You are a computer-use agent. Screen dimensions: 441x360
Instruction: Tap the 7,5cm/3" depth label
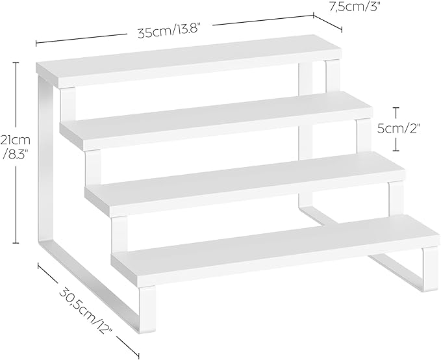(355, 6)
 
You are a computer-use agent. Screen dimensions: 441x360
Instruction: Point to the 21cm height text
(16, 140)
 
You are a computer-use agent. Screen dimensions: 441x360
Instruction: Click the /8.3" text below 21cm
(16, 154)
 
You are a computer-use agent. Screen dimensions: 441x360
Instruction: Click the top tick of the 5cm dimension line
(396, 108)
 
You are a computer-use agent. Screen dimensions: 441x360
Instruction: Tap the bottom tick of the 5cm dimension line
(396, 151)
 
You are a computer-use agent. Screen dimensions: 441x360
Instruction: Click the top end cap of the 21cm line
(16, 63)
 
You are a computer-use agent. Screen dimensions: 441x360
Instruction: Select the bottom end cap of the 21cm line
(16, 242)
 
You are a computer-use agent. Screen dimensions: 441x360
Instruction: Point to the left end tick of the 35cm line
(36, 44)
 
